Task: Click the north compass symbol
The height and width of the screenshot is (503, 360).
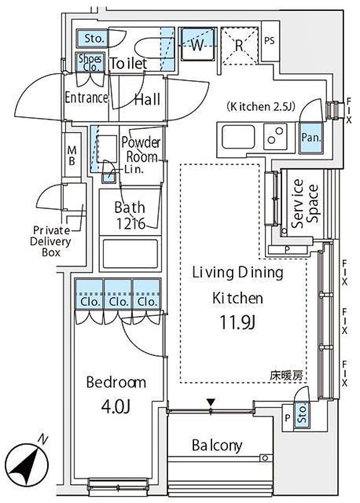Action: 27,463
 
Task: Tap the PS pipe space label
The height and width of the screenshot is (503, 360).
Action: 270,41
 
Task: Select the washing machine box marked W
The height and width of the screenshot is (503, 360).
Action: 198,44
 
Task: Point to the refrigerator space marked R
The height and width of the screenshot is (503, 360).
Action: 239,45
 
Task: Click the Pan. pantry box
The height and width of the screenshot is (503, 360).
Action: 310,138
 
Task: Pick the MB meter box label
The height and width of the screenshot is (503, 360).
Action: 72,155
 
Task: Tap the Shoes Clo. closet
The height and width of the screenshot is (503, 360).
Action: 90,62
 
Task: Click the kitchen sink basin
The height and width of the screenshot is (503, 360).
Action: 238,137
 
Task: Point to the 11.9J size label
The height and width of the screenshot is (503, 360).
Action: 238,323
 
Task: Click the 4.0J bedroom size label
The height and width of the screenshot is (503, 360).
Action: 116,407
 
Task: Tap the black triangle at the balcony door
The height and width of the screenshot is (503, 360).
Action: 211,402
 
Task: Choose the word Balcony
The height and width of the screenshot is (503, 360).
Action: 217,445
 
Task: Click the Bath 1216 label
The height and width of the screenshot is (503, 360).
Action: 130,216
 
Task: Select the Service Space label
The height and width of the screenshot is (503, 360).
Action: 304,203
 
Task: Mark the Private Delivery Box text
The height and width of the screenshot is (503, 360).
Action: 50,241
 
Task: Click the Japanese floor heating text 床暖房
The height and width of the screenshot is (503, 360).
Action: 286,376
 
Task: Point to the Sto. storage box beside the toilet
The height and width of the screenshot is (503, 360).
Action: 93,39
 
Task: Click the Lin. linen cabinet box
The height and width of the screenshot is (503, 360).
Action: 109,178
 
